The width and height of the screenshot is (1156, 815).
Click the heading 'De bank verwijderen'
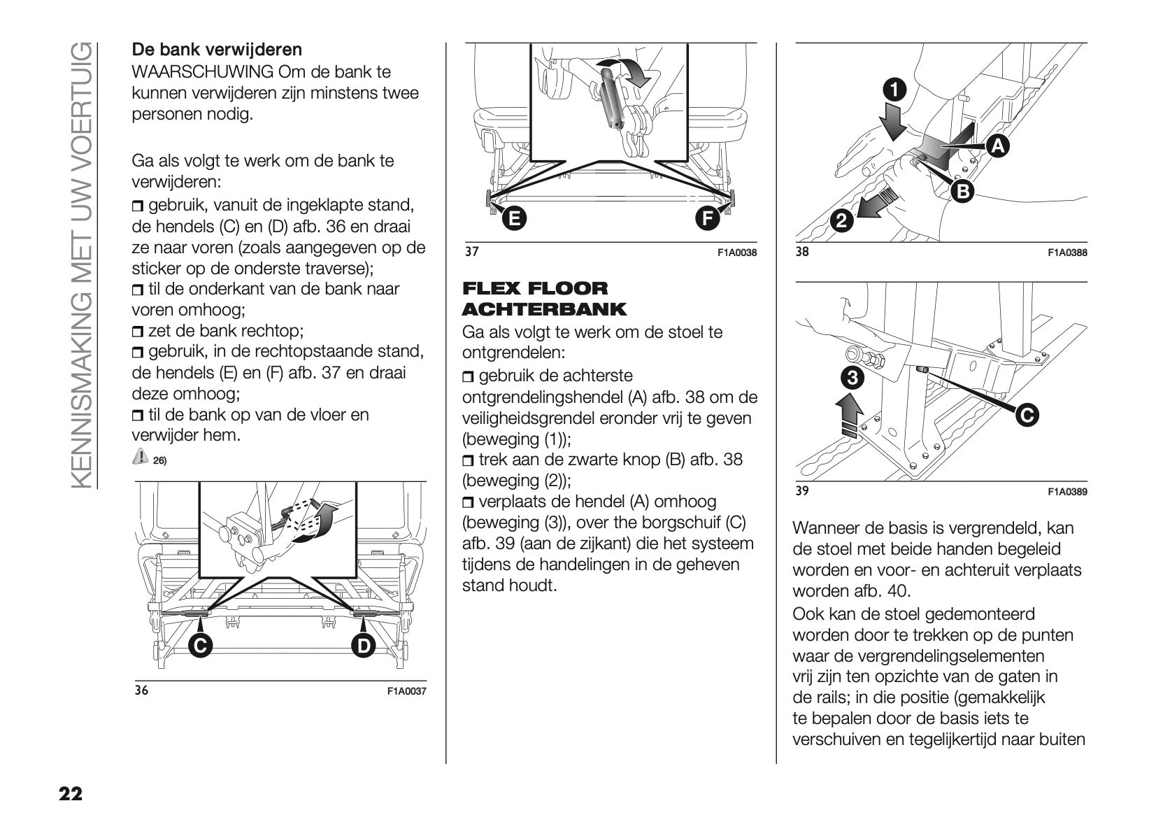click(x=217, y=50)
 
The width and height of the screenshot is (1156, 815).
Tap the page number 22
click(x=71, y=793)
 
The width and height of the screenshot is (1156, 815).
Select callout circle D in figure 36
click(x=363, y=646)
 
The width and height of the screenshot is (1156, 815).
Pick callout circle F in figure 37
click(x=707, y=219)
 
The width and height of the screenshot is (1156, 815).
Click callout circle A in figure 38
click(x=998, y=146)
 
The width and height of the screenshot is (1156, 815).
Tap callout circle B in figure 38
click(x=962, y=190)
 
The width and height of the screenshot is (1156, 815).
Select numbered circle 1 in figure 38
click(x=894, y=90)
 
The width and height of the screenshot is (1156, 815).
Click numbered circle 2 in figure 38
click(x=842, y=222)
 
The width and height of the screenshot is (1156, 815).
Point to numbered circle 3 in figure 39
click(x=852, y=378)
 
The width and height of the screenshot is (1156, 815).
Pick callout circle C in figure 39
click(x=1026, y=415)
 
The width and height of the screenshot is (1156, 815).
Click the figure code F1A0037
click(x=406, y=691)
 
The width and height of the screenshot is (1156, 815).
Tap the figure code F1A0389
click(x=1067, y=492)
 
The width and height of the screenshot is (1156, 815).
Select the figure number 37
click(x=472, y=252)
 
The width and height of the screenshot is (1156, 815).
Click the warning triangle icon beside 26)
click(x=140, y=457)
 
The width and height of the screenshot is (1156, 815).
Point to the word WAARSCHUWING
click(x=203, y=72)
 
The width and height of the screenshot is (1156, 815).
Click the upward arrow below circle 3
click(x=849, y=415)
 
